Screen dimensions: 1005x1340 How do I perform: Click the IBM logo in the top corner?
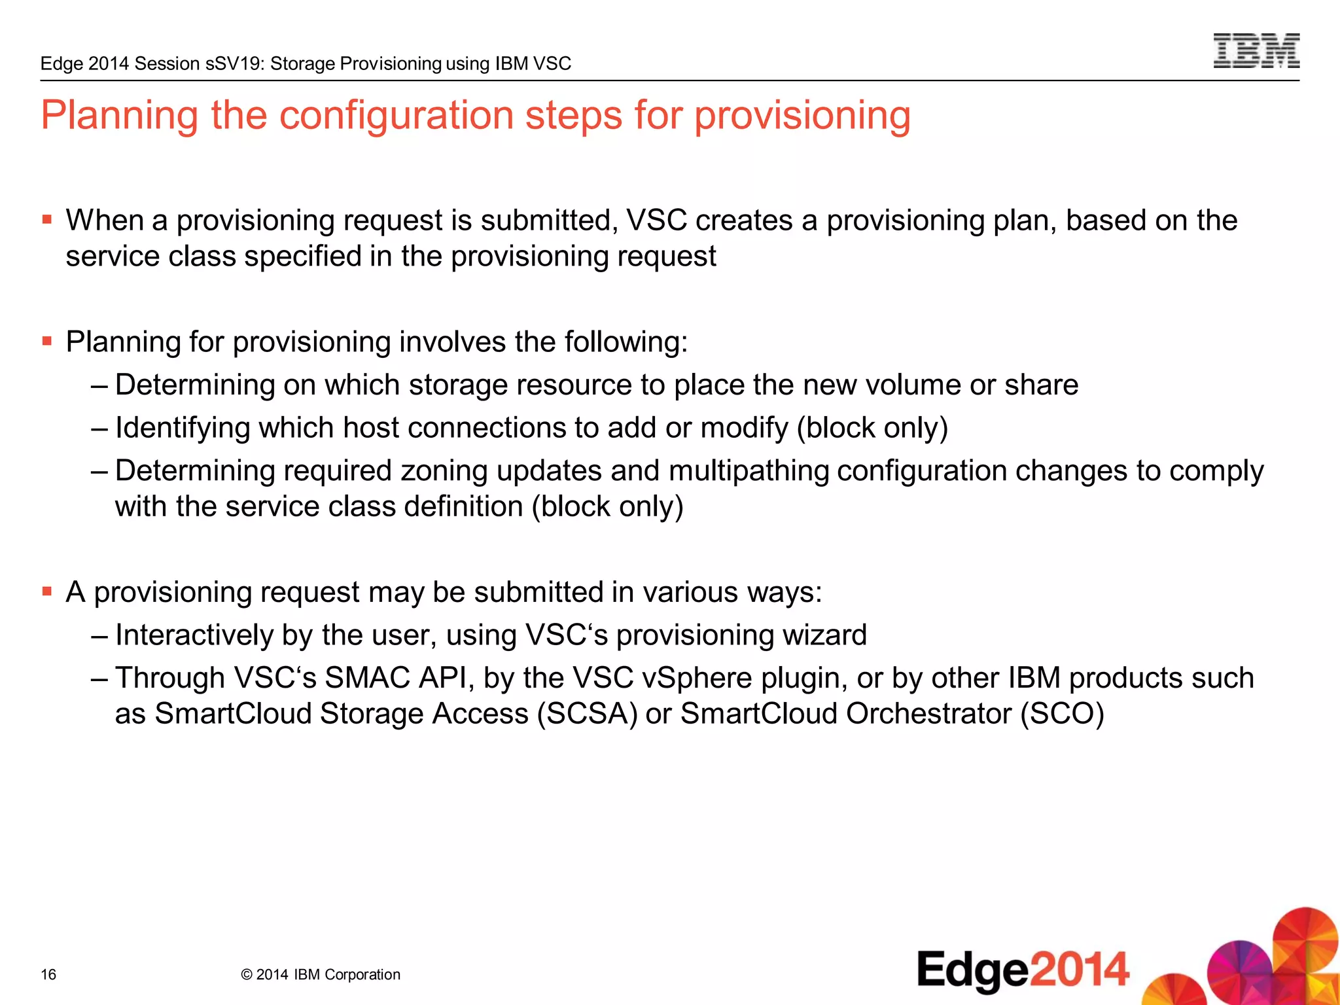pyautogui.click(x=1256, y=51)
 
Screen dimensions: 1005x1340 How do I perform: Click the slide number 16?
pyautogui.click(x=48, y=975)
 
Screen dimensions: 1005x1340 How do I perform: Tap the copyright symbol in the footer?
pyautogui.click(x=247, y=975)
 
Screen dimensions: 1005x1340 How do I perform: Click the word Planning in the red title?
pyautogui.click(x=119, y=116)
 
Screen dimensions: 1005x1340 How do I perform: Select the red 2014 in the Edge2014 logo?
pyautogui.click(x=1080, y=970)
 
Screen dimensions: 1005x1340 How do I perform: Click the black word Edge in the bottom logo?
pyautogui.click(x=973, y=970)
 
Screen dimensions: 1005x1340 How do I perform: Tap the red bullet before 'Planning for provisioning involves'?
pyautogui.click(x=46, y=341)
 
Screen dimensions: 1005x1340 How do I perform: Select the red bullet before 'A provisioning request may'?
pyautogui.click(x=46, y=591)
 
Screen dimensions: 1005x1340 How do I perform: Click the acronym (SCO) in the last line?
pyautogui.click(x=1063, y=713)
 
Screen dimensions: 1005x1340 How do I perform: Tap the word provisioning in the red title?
pyautogui.click(x=802, y=116)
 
